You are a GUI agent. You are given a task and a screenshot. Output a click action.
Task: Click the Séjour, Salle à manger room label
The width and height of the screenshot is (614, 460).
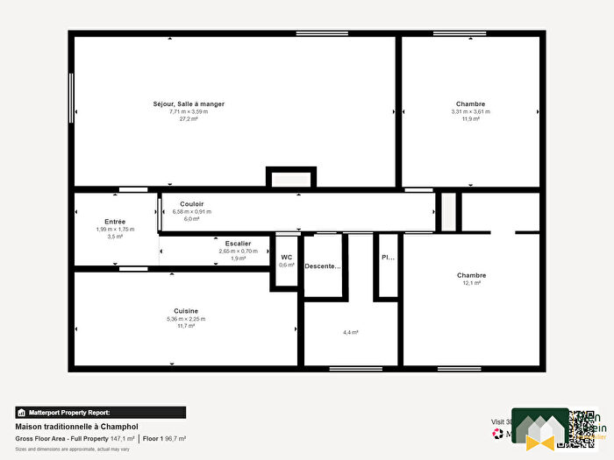pyautogui.click(x=189, y=104)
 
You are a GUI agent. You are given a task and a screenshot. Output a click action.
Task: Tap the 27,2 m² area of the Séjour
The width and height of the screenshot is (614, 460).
pyautogui.click(x=189, y=118)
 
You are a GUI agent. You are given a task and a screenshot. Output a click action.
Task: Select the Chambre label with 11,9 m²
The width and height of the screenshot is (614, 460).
pyautogui.click(x=470, y=104)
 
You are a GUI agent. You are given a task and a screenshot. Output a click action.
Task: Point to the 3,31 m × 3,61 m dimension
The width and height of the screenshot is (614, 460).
pyautogui.click(x=470, y=111)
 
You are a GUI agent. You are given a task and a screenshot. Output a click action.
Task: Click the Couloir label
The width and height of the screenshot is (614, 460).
pyautogui.click(x=192, y=204)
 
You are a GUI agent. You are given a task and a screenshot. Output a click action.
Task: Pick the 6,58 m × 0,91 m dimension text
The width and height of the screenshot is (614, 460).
pyautogui.click(x=193, y=211)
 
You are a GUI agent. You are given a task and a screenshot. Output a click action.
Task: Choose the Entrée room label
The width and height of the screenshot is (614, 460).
pyautogui.click(x=115, y=222)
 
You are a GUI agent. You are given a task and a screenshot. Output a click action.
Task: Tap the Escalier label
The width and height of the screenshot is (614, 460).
pyautogui.click(x=238, y=244)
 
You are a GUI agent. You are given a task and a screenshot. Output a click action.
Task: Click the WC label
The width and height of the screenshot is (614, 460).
pyautogui.click(x=286, y=258)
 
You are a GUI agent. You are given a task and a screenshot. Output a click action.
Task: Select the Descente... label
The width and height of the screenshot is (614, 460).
pyautogui.click(x=322, y=266)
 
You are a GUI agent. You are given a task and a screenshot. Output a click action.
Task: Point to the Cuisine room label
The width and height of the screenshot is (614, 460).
pyautogui.click(x=186, y=311)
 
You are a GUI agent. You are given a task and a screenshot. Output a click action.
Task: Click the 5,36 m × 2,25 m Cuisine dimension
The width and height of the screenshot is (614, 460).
pyautogui.click(x=186, y=319)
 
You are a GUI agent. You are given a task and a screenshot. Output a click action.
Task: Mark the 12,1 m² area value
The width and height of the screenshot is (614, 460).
pyautogui.click(x=471, y=283)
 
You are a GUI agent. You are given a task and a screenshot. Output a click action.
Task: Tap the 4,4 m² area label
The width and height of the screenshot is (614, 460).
pyautogui.click(x=351, y=332)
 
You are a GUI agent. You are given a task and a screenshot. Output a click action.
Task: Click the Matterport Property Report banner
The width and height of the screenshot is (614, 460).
pyautogui.click(x=100, y=412)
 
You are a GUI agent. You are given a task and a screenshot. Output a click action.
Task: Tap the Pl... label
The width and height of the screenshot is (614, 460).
pyautogui.click(x=387, y=258)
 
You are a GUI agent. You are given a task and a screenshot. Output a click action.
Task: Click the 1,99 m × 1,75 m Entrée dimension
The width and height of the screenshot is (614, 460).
pyautogui.click(x=115, y=230)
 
